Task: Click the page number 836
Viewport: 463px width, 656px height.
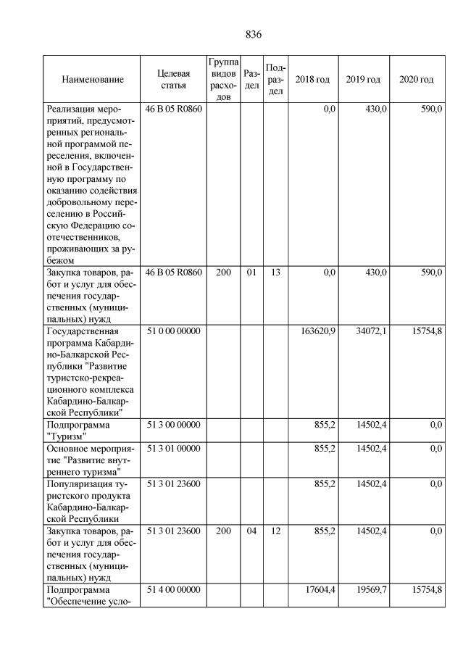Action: [x=253, y=34]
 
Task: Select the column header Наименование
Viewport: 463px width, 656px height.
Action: [x=93, y=80]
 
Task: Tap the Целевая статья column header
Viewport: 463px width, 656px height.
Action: [x=173, y=80]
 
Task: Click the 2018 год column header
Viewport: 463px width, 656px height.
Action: [x=312, y=79]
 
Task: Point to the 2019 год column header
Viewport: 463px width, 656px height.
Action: [x=363, y=79]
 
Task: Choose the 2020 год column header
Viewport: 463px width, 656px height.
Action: [x=417, y=79]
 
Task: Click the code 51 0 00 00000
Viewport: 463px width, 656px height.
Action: [x=173, y=331]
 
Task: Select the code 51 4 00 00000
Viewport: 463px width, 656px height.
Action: [x=173, y=590]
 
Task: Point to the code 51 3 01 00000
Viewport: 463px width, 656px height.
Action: [x=173, y=449]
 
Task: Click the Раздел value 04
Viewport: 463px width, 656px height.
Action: [x=251, y=531]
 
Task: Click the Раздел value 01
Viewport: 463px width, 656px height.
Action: [x=251, y=273]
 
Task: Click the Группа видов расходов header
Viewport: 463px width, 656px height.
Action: [x=223, y=79]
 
